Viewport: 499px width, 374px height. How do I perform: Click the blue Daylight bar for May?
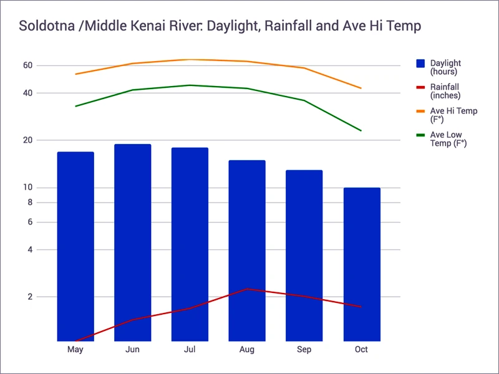[75, 246]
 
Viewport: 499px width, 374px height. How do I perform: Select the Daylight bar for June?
[132, 242]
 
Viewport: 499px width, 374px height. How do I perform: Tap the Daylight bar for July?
[190, 244]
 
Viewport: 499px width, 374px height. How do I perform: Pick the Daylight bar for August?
[247, 251]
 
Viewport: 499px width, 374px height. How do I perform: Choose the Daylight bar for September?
[304, 256]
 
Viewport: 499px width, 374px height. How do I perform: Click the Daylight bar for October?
[361, 264]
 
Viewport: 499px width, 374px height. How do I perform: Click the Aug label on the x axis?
[247, 350]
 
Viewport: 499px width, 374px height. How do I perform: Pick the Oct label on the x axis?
[361, 350]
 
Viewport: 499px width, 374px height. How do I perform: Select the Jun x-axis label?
[132, 350]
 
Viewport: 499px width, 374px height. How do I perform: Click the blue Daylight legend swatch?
[420, 63]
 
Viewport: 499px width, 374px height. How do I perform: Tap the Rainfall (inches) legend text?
[445, 91]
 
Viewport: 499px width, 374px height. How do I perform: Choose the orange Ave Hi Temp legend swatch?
[420, 111]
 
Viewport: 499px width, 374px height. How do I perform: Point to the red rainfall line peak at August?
[248, 289]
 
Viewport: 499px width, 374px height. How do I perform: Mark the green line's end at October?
[361, 130]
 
